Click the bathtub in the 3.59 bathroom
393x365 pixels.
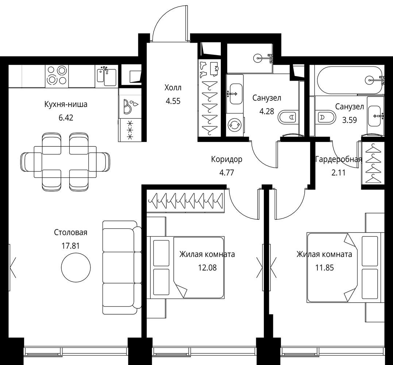pos(350,80)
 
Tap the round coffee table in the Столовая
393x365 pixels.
pos(76,267)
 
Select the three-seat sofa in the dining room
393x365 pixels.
pos(122,268)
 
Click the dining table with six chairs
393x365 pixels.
pos(65,162)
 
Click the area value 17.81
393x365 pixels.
pos(70,246)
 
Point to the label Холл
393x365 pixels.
pos(173,88)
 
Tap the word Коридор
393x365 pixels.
pos(227,159)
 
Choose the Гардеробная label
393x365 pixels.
pos(339,160)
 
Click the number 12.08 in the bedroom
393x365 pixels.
pos(207,268)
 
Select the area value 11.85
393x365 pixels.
pos(324,268)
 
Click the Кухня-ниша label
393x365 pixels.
pos(66,104)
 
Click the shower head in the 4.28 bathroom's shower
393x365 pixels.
pos(258,58)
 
